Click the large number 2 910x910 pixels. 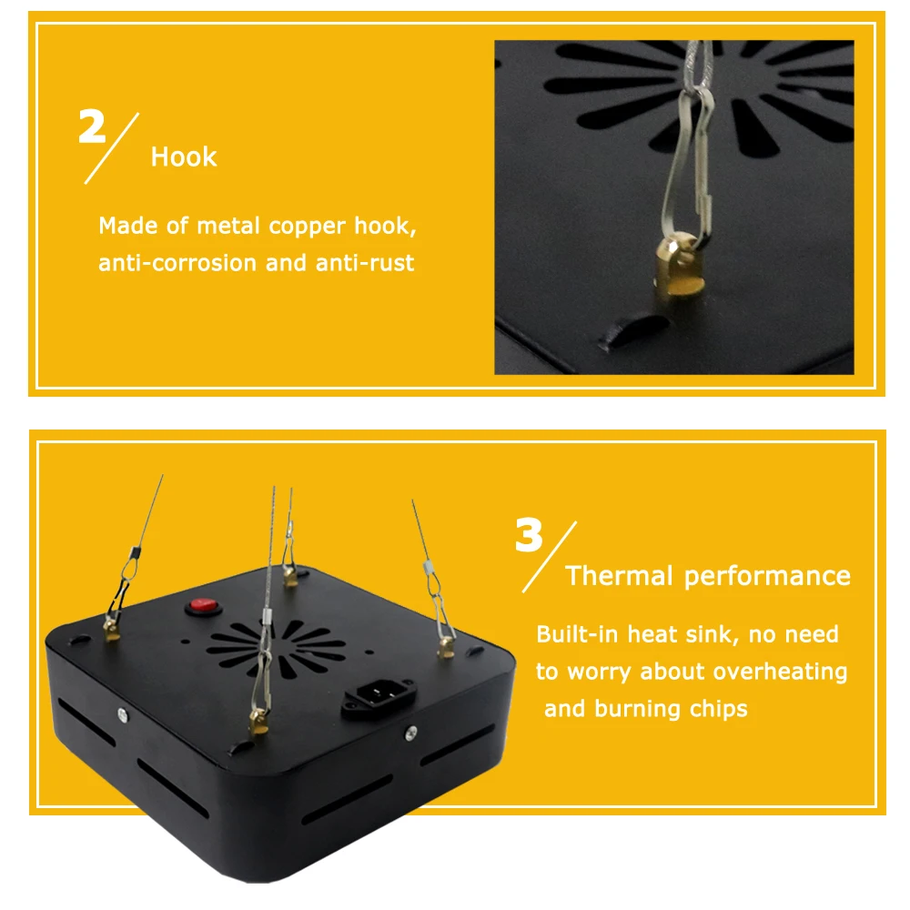[92, 126]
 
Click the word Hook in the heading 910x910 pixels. [184, 157]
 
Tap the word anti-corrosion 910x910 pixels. [177, 263]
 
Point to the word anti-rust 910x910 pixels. [365, 263]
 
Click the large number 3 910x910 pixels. [529, 535]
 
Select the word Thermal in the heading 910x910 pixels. [619, 576]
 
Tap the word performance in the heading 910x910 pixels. [767, 577]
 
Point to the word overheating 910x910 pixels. [780, 672]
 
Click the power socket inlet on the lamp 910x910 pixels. [379, 694]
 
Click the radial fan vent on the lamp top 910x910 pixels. [276, 647]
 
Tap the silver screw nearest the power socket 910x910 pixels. [411, 733]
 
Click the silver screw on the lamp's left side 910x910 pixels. [123, 715]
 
